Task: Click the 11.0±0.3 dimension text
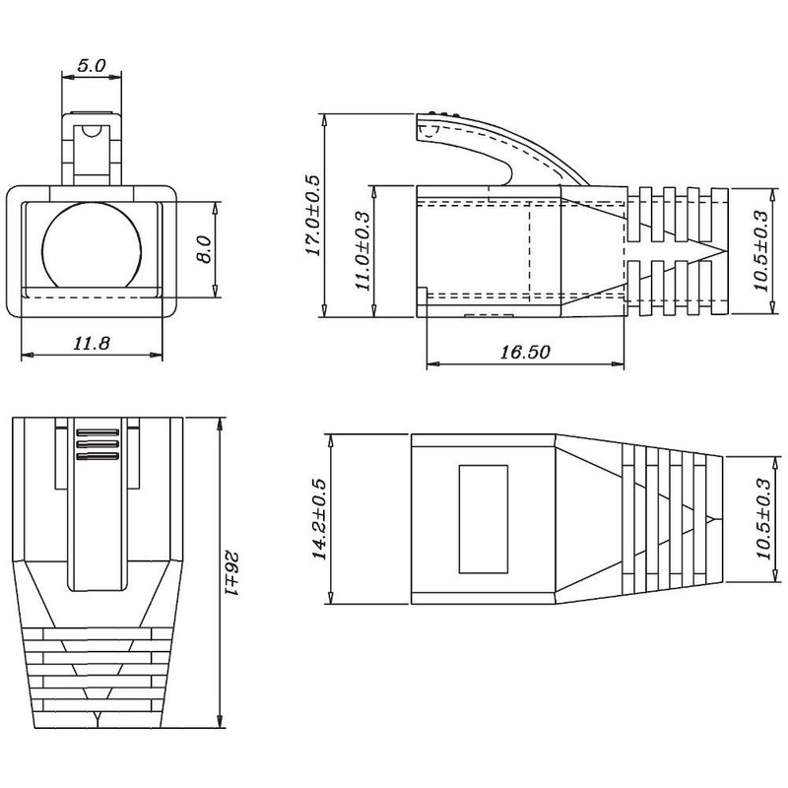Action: (361, 251)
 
